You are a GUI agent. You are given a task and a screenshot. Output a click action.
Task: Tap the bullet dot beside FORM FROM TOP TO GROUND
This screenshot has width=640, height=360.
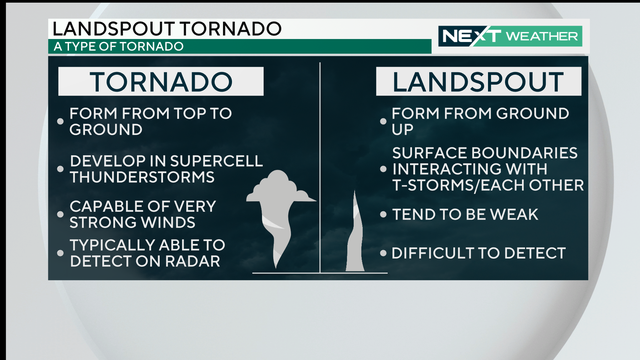[61, 122]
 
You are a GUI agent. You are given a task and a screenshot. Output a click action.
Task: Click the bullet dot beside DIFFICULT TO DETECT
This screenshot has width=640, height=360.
[383, 254]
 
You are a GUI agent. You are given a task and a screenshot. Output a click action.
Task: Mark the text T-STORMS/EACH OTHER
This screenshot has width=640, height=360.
[488, 185]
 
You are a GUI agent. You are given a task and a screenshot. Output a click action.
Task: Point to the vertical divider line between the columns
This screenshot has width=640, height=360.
[320, 170]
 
